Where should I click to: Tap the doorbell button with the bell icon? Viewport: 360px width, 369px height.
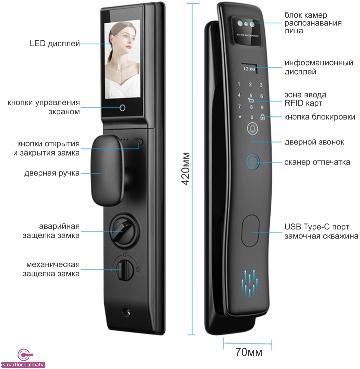point(252,129)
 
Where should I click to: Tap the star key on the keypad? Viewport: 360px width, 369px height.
point(240,117)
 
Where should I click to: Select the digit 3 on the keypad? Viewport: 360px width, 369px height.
point(261,85)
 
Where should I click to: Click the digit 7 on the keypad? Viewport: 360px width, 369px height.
point(239,106)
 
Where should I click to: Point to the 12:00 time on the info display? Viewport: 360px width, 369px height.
point(249,69)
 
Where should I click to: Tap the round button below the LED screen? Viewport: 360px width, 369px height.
point(122,108)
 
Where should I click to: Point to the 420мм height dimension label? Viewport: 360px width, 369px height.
point(186,169)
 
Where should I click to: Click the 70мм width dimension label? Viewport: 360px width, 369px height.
point(249,352)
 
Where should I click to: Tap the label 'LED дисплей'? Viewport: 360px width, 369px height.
point(55,44)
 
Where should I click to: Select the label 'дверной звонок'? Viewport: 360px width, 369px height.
point(314,142)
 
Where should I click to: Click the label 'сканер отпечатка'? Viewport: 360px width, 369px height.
point(317,162)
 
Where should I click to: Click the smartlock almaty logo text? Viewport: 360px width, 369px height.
point(23,365)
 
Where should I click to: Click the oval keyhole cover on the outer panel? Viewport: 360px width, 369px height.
point(250,230)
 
